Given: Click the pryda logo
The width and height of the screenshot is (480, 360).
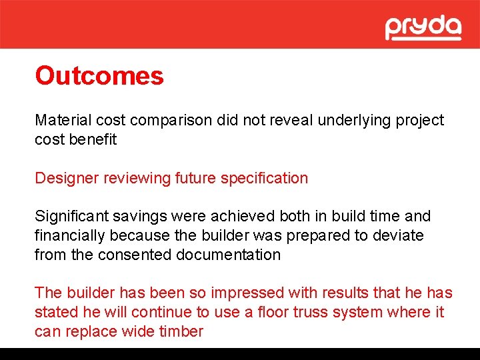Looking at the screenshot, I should point(423,27).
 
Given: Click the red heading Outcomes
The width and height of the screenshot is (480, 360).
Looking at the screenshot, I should point(99,76).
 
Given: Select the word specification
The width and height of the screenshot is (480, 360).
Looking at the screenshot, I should point(265,179).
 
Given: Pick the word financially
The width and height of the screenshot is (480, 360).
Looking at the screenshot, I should point(71,236).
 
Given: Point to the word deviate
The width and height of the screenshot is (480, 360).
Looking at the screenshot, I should point(398,236).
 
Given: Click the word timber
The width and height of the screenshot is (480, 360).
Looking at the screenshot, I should point(181,332).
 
